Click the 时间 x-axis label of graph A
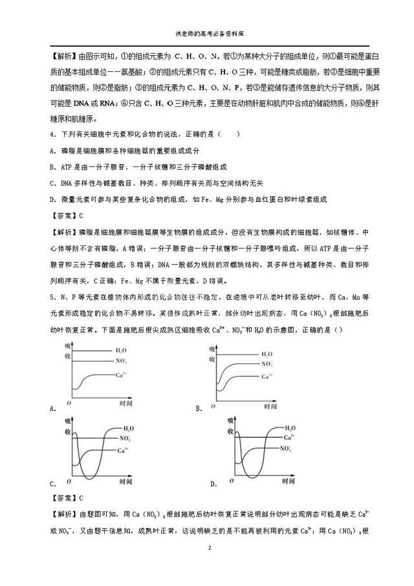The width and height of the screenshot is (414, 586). (x=125, y=403)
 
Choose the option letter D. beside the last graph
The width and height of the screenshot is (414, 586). (x=213, y=484)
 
